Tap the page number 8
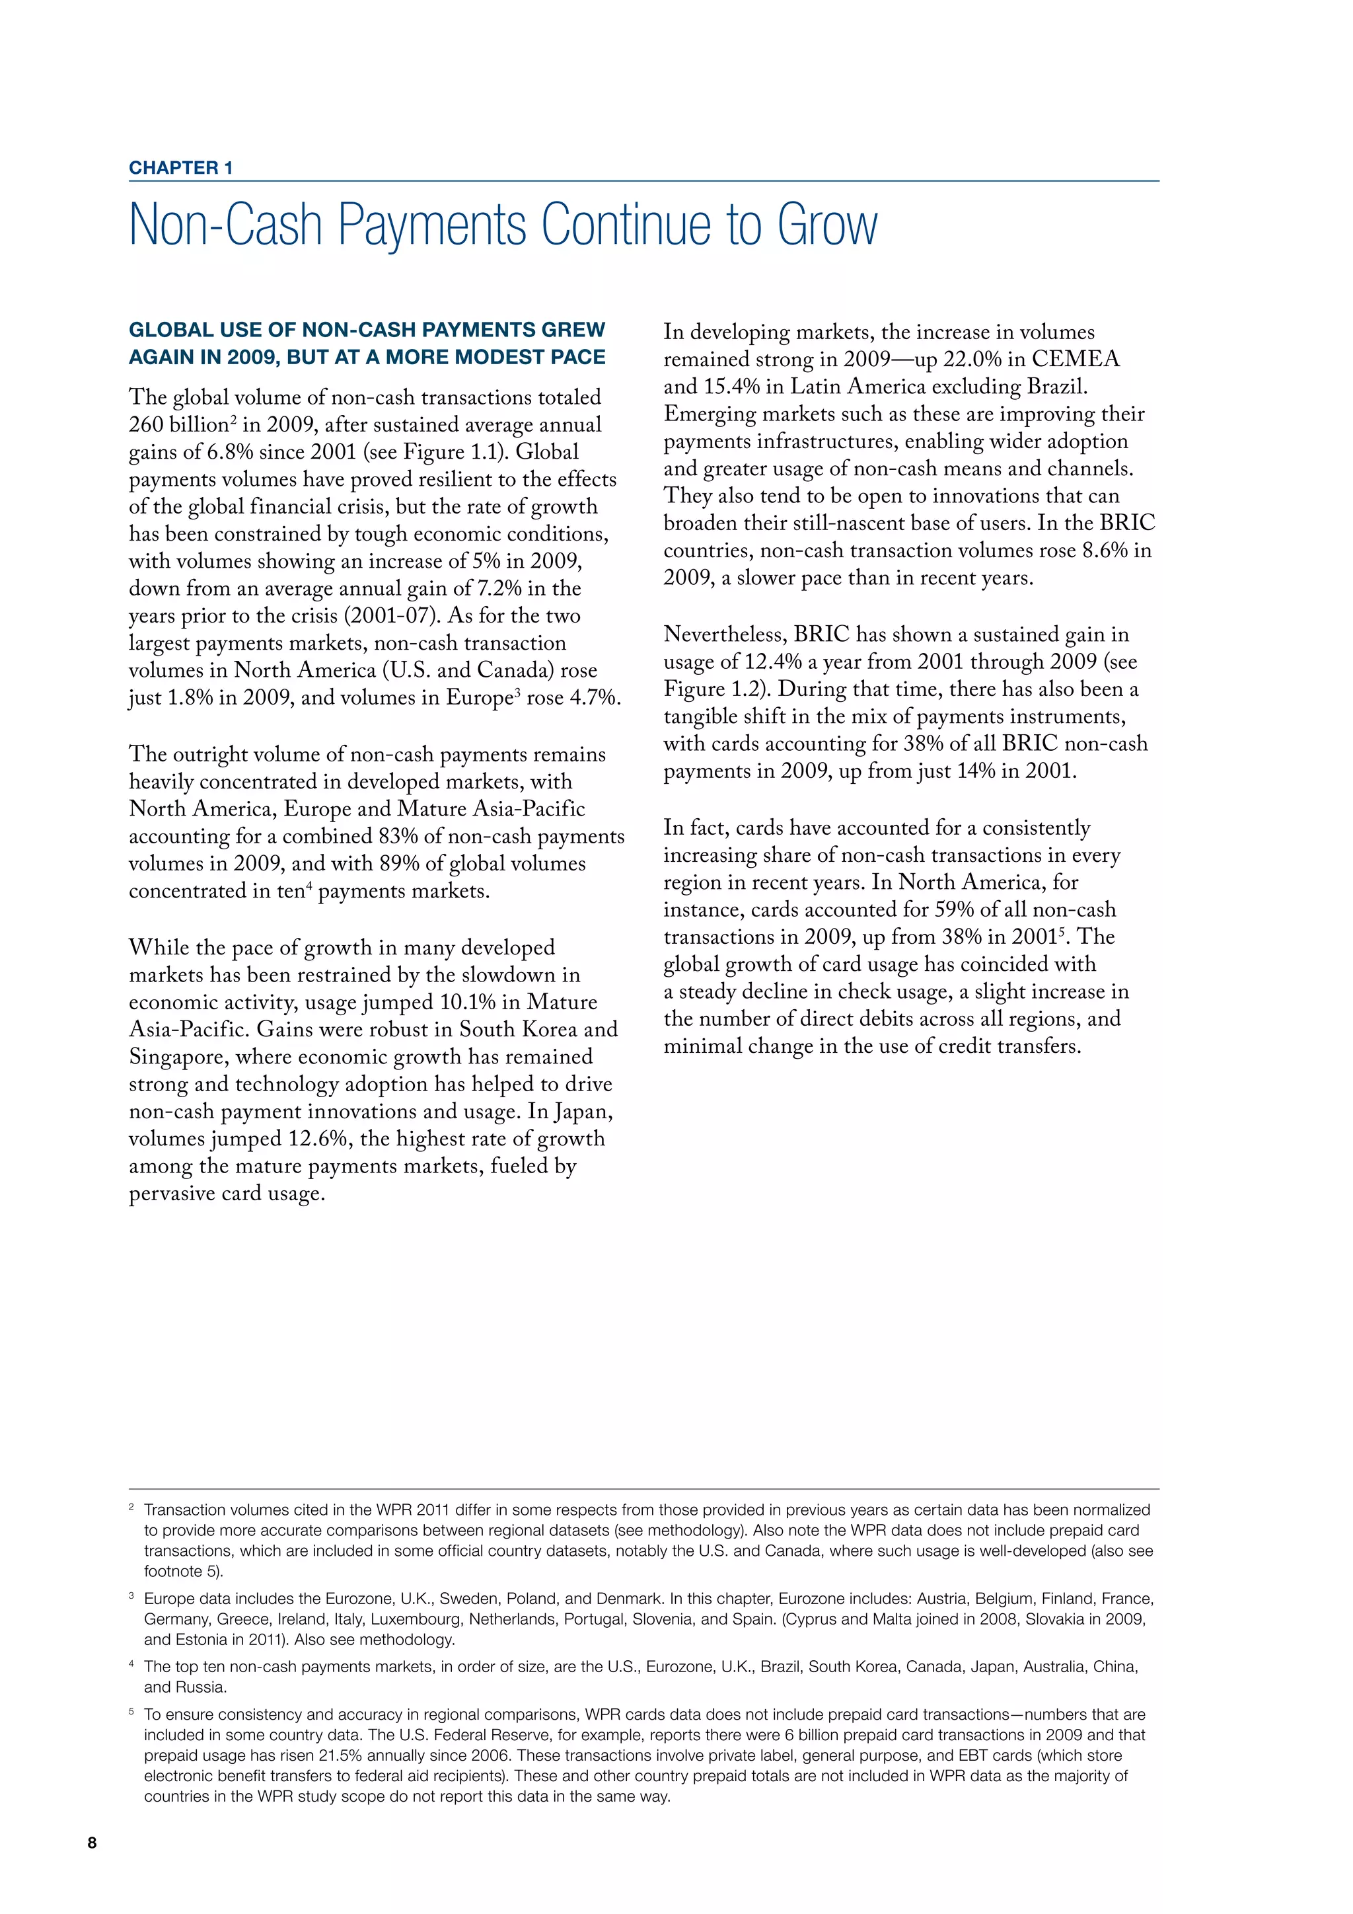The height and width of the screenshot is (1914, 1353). (x=92, y=1866)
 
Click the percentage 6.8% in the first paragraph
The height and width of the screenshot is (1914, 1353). (x=229, y=453)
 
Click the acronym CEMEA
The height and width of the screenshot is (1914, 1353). (x=1076, y=360)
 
